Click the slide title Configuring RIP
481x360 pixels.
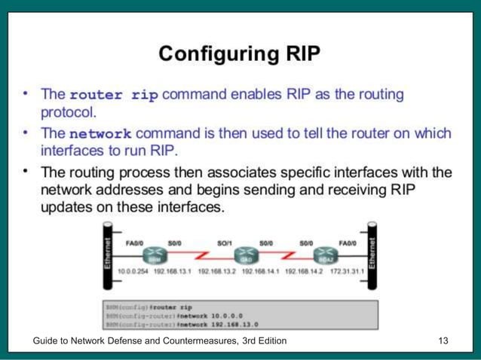click(x=240, y=54)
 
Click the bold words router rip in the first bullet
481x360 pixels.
click(x=113, y=96)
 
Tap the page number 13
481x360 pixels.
click(x=443, y=341)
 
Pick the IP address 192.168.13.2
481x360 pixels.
click(x=218, y=272)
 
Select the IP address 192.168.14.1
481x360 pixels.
click(x=262, y=272)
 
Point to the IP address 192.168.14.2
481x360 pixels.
click(x=305, y=272)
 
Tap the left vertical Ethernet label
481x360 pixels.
click(x=107, y=255)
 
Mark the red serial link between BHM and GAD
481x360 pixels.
click(x=198, y=255)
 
